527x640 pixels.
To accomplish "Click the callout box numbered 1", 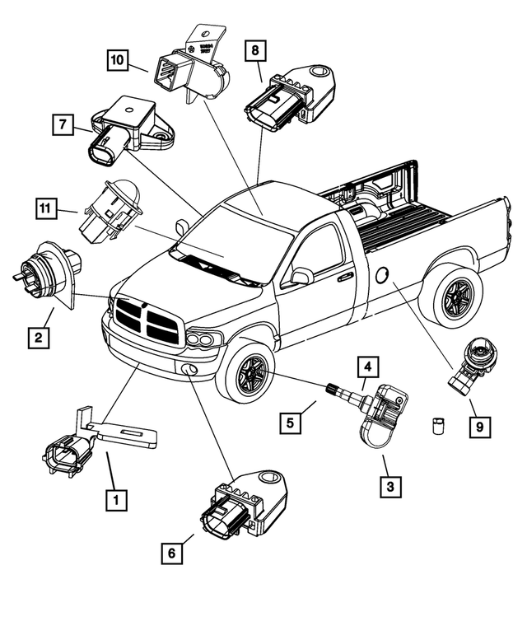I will tap(115, 499).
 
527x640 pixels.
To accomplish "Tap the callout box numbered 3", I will tap(390, 487).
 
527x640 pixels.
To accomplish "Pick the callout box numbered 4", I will tap(367, 366).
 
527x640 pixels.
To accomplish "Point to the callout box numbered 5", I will tap(290, 424).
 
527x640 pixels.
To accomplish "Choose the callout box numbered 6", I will tap(171, 554).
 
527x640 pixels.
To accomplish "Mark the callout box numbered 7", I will tap(60, 126).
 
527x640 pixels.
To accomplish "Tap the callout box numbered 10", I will tap(118, 59).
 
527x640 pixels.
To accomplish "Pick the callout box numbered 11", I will tap(47, 207).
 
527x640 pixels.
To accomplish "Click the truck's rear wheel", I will tap(451, 294).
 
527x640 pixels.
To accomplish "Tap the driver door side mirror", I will tap(301, 276).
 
